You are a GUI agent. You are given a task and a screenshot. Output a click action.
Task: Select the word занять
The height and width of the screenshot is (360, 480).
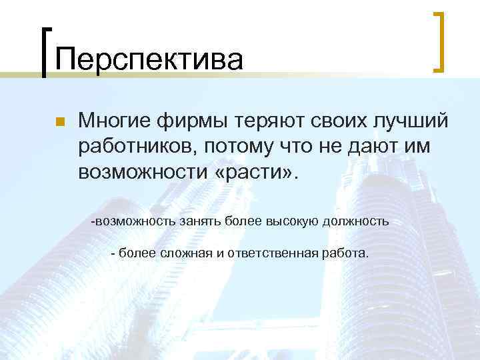[x=199, y=221]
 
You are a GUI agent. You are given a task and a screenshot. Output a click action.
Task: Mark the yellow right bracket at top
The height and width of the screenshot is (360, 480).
[x=439, y=41]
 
